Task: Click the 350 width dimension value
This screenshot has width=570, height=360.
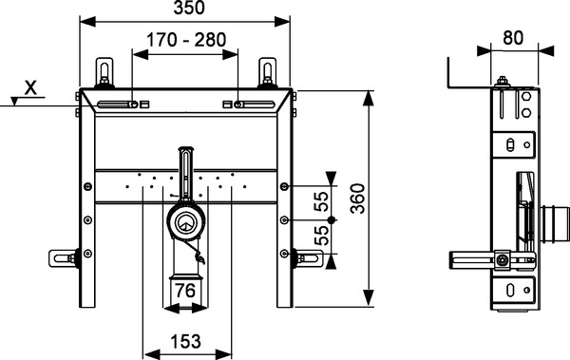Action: pos(189,8)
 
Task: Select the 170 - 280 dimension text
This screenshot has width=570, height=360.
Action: pos(186,40)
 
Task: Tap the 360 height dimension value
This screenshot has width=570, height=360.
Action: pos(358,199)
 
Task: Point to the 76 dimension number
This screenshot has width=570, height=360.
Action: pos(185,291)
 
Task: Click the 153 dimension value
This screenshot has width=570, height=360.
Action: pos(186,341)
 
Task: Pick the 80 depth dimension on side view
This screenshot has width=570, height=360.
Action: pos(513,37)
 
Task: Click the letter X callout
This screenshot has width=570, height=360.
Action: pos(30,87)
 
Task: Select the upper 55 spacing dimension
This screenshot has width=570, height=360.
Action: pos(321,201)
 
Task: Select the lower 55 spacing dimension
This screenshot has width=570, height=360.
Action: pos(321,236)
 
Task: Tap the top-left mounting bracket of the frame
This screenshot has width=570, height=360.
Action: pos(104,73)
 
